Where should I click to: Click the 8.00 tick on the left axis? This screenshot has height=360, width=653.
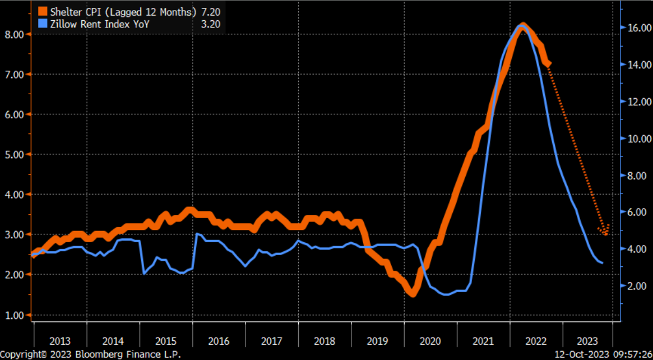(14, 34)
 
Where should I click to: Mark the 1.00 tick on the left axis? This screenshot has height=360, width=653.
(14, 315)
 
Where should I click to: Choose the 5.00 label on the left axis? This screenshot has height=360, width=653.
(14, 154)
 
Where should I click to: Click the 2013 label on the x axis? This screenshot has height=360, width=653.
(60, 341)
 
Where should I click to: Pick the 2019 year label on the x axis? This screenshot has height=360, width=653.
(377, 341)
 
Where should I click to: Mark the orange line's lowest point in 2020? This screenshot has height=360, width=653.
(413, 293)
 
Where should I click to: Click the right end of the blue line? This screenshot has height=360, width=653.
(601, 262)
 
